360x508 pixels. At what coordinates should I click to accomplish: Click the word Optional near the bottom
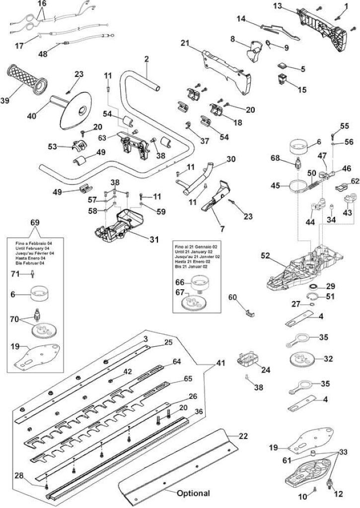[193, 493]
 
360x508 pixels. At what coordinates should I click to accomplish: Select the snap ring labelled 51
[314, 296]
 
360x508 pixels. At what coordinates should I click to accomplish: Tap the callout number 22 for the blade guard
[243, 436]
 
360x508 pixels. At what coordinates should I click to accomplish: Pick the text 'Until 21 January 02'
[194, 252]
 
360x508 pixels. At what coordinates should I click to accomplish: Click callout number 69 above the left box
[35, 223]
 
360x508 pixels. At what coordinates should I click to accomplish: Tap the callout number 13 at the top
[278, 5]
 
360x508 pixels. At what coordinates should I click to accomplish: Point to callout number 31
[154, 240]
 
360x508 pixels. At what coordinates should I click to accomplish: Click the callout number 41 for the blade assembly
[220, 363]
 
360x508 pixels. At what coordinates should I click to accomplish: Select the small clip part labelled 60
[250, 312]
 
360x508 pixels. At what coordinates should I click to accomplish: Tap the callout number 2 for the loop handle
[146, 60]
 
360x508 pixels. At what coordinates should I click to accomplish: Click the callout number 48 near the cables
[43, 54]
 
